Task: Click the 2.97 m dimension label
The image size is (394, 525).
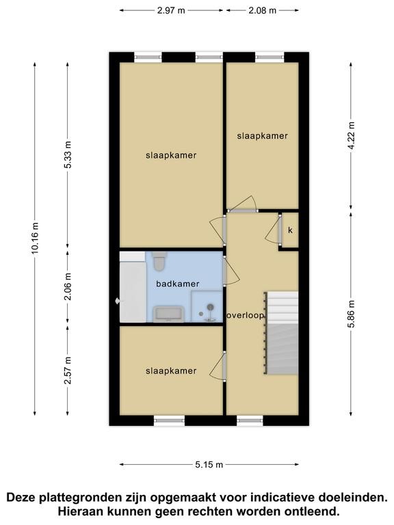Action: click(171, 10)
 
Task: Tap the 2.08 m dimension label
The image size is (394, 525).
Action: click(263, 10)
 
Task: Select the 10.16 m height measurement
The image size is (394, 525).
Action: click(35, 238)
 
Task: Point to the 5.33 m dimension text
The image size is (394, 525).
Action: click(68, 154)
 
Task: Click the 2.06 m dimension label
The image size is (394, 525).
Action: click(68, 286)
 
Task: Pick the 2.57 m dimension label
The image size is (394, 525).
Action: click(68, 371)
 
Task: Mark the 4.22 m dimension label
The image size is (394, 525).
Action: click(351, 136)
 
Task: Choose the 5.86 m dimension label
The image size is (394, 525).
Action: click(351, 314)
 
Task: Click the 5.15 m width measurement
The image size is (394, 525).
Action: click(209, 464)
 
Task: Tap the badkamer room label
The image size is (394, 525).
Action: click(178, 284)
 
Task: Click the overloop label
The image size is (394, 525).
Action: click(246, 315)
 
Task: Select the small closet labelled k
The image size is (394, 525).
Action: click(290, 230)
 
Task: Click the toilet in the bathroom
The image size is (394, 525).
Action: click(159, 262)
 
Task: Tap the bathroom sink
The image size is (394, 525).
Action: click(168, 314)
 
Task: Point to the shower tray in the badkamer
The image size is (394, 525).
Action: click(207, 307)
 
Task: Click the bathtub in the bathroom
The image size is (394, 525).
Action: click(133, 291)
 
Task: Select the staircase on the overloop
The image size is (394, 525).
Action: click(281, 333)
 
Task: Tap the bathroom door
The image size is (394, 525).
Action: click(231, 271)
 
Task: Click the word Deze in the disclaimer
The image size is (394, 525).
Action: click(22, 497)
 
